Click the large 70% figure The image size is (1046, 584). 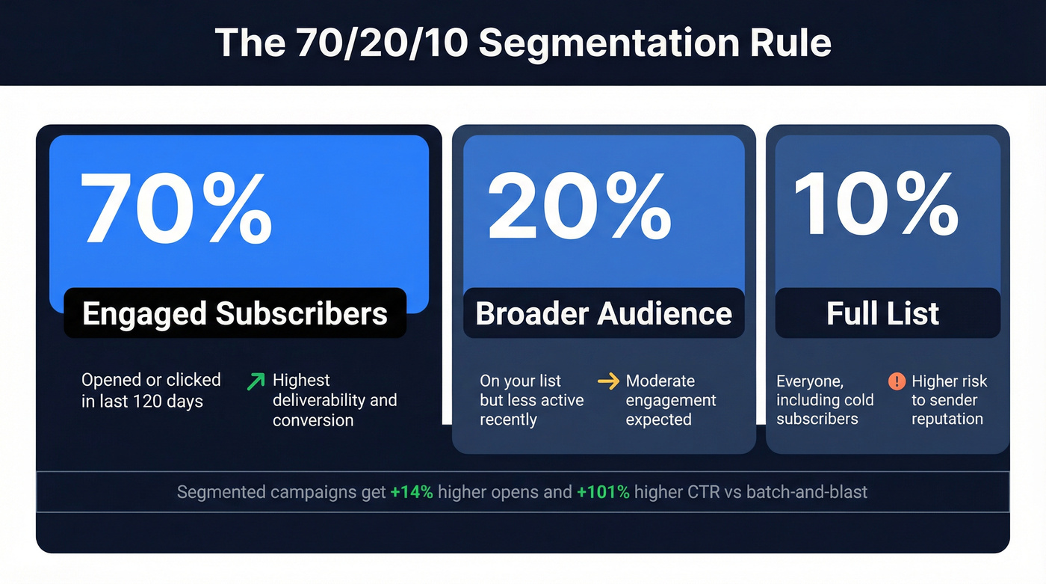pyautogui.click(x=176, y=207)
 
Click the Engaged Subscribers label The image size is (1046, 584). pyautogui.click(x=235, y=313)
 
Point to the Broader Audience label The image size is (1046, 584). pyautogui.click(x=604, y=313)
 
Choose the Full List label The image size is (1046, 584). pyautogui.click(x=882, y=313)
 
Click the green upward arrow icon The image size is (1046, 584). pyautogui.click(x=256, y=381)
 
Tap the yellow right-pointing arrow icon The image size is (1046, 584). pyautogui.click(x=609, y=381)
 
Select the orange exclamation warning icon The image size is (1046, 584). pyautogui.click(x=897, y=381)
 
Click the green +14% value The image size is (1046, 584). pyautogui.click(x=411, y=493)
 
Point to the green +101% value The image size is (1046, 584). pyautogui.click(x=603, y=493)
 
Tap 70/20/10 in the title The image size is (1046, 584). pyautogui.click(x=381, y=43)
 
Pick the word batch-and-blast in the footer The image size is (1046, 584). pyautogui.click(x=807, y=493)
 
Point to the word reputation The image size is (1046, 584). pyautogui.click(x=947, y=419)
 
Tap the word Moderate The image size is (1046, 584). pyautogui.click(x=660, y=381)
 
